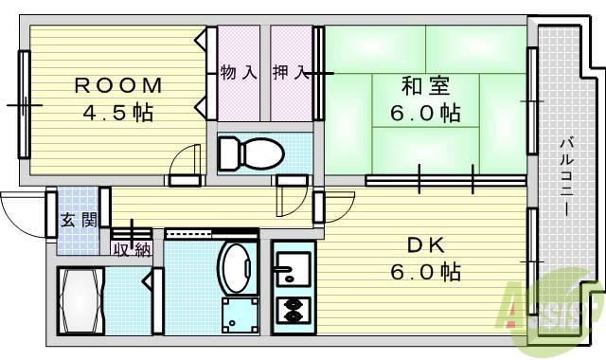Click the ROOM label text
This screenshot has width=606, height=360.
point(118,84)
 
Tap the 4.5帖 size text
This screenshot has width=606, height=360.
point(118,113)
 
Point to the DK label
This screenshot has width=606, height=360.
point(426,244)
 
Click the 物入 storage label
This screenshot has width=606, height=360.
point(240,72)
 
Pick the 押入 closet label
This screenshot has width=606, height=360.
point(291,72)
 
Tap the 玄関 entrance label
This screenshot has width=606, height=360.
point(79,221)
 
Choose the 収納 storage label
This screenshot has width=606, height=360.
point(132,250)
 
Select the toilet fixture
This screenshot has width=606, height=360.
point(251,152)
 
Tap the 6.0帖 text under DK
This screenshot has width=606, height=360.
point(426,273)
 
